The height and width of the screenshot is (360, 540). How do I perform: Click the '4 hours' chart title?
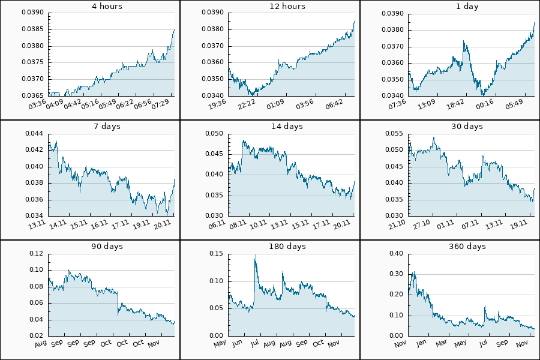(107, 7)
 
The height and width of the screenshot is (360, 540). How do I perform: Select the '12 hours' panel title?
(287, 7)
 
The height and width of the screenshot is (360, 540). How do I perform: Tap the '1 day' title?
(467, 7)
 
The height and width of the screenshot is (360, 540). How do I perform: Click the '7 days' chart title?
(107, 127)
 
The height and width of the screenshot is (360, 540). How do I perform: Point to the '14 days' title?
(287, 127)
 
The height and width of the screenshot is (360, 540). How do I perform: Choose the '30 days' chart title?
(467, 127)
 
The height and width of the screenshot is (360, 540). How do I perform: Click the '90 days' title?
(107, 247)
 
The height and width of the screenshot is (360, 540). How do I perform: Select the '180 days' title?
(287, 247)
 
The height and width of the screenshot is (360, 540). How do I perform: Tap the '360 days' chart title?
(467, 247)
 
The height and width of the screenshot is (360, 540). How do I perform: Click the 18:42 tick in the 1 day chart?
(457, 105)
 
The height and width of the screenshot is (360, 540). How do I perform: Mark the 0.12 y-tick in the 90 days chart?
(37, 254)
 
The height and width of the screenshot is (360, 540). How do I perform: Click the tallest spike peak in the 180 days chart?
(256, 255)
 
